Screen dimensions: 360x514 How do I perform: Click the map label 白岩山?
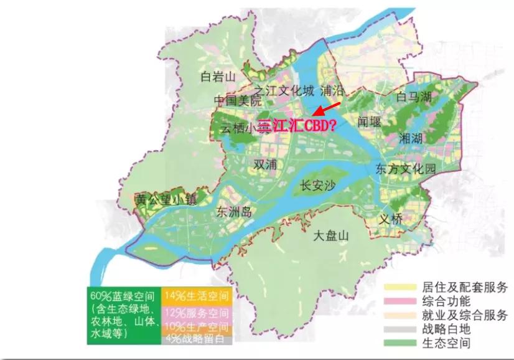[218, 77]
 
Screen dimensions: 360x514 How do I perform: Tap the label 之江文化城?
[283, 90]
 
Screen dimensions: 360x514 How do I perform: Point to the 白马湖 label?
[414, 97]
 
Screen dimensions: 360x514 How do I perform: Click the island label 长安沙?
[318, 185]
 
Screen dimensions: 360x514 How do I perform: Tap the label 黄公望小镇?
[166, 199]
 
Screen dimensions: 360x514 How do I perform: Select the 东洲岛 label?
[234, 211]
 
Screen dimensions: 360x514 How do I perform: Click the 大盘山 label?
[331, 236]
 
